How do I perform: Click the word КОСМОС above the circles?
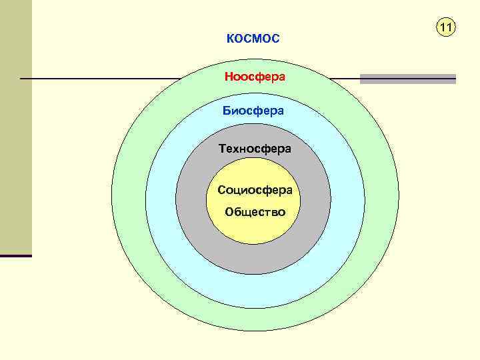point(253,39)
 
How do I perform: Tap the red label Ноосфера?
point(255,77)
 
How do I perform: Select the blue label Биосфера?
point(253,111)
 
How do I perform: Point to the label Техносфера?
point(255,149)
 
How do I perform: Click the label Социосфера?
point(255,191)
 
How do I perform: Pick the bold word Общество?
point(255,212)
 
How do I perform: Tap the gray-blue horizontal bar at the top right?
point(407,79)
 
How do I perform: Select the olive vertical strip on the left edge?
point(15,127)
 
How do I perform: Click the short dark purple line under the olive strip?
point(15,256)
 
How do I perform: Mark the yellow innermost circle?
point(255,230)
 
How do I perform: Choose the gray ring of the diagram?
point(313,200)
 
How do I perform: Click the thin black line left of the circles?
point(100,79)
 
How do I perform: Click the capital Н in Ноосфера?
point(228,77)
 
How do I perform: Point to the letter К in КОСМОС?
point(229,39)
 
